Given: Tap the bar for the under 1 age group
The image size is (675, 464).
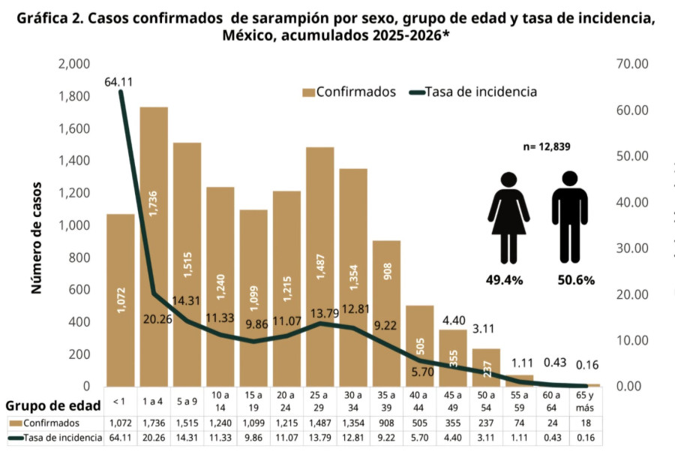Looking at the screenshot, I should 120,300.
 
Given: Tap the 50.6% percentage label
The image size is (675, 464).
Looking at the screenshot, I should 576,280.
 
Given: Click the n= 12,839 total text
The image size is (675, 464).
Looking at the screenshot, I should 547,147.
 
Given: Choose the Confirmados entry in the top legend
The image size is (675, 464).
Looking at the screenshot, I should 349,92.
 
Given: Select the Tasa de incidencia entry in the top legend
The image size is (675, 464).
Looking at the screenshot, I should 474,92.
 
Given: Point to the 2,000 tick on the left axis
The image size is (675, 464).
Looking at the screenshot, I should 73,65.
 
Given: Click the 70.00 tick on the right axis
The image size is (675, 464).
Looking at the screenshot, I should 631,65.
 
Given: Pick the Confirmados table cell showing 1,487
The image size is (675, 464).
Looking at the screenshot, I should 320,423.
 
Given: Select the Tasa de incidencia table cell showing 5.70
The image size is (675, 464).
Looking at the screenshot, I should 420,438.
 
